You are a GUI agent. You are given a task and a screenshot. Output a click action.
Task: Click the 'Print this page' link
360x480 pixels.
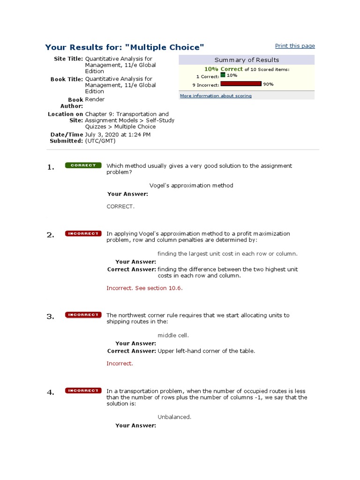295,46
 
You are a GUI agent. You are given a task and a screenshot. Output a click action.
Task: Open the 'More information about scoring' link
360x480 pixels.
216,96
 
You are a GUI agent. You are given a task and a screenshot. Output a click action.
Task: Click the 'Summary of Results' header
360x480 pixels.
247,60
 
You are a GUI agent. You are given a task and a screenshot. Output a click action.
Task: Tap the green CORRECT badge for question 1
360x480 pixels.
83,165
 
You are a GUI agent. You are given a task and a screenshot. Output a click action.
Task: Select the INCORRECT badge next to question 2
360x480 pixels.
83,233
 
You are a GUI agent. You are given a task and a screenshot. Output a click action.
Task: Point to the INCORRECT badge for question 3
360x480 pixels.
83,315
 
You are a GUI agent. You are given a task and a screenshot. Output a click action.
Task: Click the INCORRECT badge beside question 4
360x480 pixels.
83,390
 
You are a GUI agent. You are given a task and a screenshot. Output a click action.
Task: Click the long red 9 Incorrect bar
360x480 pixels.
240,84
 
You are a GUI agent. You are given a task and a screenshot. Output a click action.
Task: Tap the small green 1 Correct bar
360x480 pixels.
223,75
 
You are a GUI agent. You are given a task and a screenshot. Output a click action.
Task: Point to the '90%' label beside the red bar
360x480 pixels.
268,84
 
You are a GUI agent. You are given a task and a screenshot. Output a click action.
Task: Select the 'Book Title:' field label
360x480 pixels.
67,79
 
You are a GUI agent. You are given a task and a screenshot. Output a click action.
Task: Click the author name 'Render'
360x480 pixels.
95,99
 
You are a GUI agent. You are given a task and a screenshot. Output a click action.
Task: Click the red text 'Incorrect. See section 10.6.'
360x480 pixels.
144,288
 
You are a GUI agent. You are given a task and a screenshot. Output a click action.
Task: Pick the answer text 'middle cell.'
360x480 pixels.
173,335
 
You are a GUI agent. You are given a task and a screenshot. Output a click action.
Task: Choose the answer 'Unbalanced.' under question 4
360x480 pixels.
174,417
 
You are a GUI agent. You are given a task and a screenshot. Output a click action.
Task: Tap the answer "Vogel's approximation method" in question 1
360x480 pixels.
191,185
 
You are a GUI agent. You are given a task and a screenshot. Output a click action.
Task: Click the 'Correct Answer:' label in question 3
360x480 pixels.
131,351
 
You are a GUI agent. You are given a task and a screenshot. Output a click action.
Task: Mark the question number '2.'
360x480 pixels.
51,235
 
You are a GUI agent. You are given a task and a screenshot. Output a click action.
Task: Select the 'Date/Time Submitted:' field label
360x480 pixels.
67,137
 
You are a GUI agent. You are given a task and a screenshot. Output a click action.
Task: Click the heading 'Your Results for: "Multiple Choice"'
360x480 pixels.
125,47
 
